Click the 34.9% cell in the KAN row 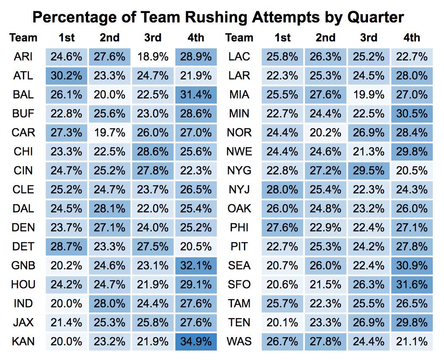(x=196, y=341)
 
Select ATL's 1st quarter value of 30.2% (x=66, y=76)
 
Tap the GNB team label (x=23, y=265)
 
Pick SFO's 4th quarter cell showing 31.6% (x=412, y=284)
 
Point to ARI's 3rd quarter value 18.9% (x=152, y=57)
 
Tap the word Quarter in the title (x=375, y=17)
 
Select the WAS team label (x=239, y=341)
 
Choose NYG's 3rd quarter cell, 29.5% (x=368, y=171)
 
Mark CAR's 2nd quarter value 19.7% (x=109, y=133)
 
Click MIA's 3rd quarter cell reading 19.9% (x=368, y=95)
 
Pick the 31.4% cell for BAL (x=196, y=95)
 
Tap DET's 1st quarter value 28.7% (x=66, y=246)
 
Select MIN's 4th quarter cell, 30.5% (x=412, y=114)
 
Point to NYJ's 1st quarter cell (x=282, y=189)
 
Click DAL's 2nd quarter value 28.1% (x=109, y=208)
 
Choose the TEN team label (x=239, y=322)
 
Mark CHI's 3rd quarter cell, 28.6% (x=152, y=152)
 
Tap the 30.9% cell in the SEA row (x=412, y=265)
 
